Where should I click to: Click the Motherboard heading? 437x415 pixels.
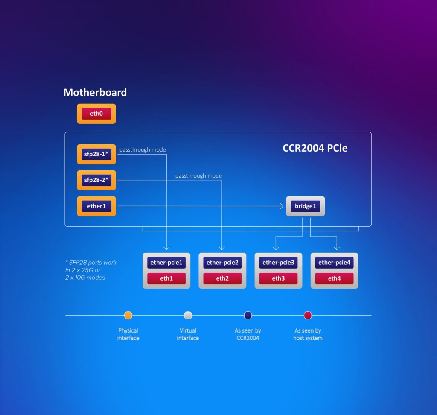(95, 92)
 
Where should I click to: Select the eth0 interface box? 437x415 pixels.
(96, 114)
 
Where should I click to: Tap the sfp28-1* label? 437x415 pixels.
(96, 154)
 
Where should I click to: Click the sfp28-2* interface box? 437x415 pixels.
(96, 180)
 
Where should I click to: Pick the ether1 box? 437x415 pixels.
(96, 206)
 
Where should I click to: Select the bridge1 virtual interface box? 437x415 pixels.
(305, 206)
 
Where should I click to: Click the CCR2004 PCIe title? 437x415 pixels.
(315, 148)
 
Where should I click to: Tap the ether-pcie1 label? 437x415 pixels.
(166, 263)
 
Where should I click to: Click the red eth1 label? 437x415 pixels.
(166, 278)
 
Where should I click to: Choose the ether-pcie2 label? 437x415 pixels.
(222, 263)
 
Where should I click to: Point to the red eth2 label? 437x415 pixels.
(222, 278)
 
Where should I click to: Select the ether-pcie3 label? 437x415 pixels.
(278, 263)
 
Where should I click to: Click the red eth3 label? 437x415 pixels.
(278, 278)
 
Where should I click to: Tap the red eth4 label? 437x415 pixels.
(334, 278)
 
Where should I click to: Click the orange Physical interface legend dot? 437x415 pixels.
(128, 316)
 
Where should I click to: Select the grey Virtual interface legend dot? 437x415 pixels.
(188, 316)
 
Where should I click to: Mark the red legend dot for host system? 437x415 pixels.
(308, 316)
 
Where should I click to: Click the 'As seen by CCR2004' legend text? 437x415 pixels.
(248, 334)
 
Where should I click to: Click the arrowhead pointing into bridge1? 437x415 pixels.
(281, 206)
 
